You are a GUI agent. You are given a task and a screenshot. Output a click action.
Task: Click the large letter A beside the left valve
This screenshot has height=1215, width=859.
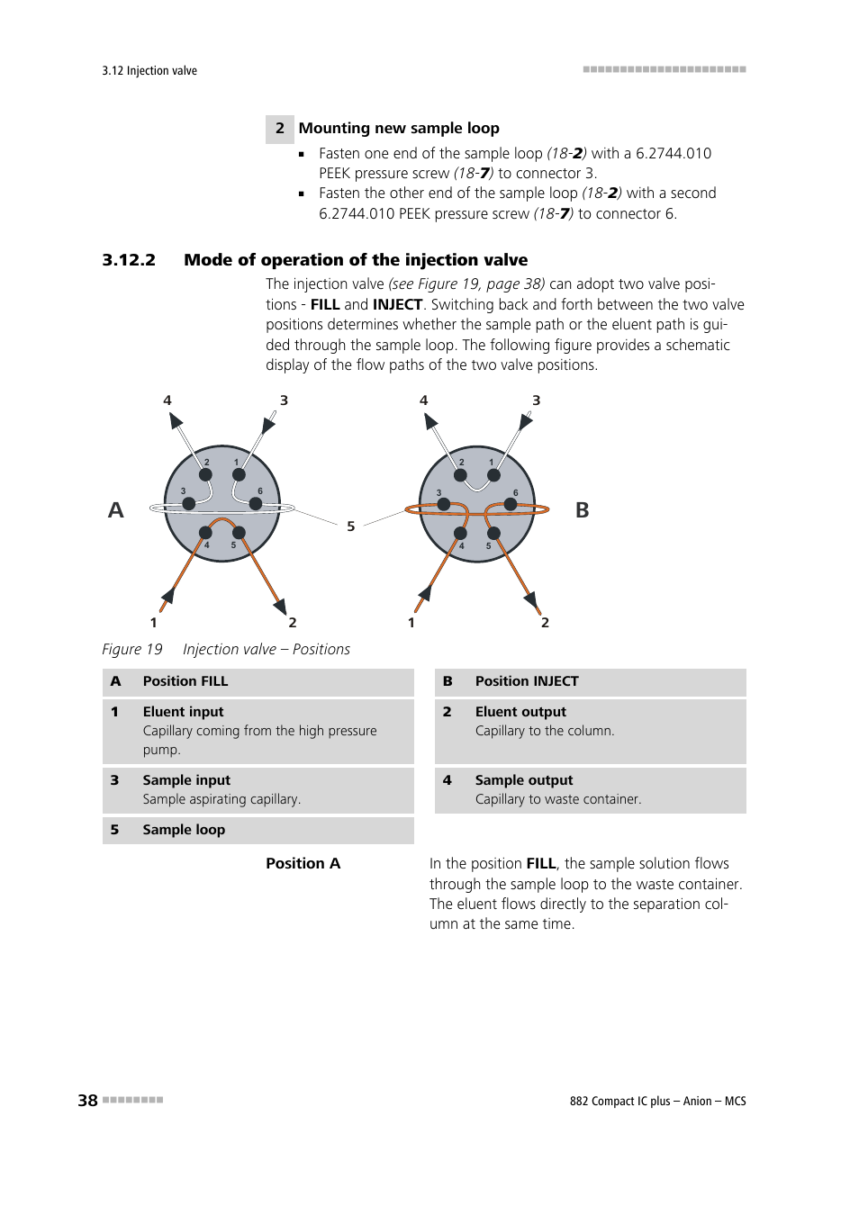[x=116, y=510]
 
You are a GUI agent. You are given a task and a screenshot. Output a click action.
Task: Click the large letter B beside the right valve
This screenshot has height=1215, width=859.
[x=583, y=510]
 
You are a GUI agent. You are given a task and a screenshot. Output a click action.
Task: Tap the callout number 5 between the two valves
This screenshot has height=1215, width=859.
[x=351, y=526]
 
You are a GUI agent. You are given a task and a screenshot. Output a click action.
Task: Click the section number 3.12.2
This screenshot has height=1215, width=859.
[x=129, y=260]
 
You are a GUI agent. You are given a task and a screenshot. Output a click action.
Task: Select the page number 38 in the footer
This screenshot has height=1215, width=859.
[x=87, y=1101]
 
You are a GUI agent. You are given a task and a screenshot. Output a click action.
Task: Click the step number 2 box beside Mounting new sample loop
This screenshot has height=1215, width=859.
[x=280, y=129]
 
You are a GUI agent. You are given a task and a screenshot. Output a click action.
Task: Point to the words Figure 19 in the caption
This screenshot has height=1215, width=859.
[x=132, y=650]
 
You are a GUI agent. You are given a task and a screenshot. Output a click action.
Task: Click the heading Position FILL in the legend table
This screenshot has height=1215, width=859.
[x=185, y=681]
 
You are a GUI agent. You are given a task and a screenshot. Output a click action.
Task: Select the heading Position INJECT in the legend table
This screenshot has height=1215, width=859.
[x=527, y=681]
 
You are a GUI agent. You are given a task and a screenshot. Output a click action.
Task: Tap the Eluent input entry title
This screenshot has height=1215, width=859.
[x=183, y=712]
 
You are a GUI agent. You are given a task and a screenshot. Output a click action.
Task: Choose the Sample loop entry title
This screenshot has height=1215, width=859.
[x=184, y=830]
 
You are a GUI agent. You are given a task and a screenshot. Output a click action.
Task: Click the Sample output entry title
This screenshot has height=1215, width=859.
[x=524, y=780]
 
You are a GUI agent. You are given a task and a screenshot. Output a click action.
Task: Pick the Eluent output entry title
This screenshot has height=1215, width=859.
[x=520, y=712]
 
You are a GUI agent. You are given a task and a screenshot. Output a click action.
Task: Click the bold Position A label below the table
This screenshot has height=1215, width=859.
[x=303, y=864]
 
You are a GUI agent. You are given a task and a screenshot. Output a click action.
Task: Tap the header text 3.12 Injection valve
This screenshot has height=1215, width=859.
[x=149, y=71]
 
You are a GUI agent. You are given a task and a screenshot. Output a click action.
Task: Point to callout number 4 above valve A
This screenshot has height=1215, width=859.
[x=167, y=400]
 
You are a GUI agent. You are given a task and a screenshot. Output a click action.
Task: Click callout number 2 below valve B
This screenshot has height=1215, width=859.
[x=545, y=623]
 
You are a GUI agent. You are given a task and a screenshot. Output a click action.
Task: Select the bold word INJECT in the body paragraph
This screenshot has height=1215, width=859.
[x=397, y=305]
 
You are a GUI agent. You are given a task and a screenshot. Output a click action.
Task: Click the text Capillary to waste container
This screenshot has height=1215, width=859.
[x=558, y=799]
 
